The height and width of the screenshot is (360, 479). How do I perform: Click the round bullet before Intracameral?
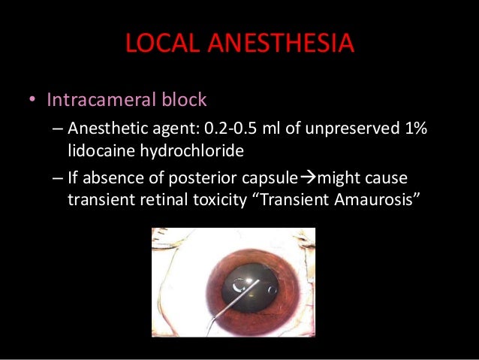33,101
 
